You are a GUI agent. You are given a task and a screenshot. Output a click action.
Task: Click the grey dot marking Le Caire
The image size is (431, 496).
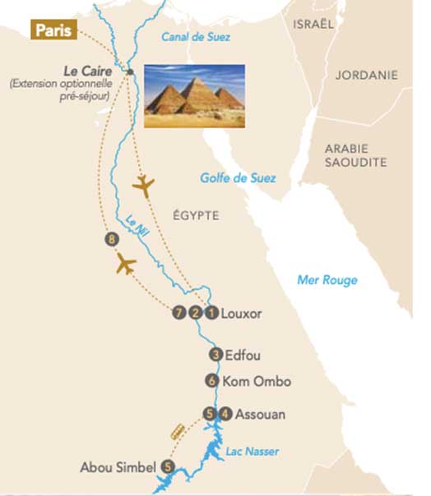[130, 72]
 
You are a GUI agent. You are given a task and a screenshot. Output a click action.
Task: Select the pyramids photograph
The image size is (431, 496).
[195, 96]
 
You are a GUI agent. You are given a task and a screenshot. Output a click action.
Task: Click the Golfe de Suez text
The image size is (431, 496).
[239, 178]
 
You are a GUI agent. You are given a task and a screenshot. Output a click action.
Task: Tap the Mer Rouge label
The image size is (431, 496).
[327, 280]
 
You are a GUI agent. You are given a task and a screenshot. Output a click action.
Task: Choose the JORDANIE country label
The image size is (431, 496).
[366, 75]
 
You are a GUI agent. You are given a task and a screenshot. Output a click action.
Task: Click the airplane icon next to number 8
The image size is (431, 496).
[126, 265]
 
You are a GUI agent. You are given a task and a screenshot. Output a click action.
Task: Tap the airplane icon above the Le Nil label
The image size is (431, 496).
[143, 186]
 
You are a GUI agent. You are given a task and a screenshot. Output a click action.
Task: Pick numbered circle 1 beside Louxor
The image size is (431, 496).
[211, 313]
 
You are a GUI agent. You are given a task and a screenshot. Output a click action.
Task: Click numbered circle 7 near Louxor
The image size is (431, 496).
[178, 313]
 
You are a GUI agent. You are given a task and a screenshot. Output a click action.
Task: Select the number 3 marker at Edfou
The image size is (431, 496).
[215, 355]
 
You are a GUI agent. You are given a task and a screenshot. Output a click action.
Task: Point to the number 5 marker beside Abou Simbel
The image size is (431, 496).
[169, 467]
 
